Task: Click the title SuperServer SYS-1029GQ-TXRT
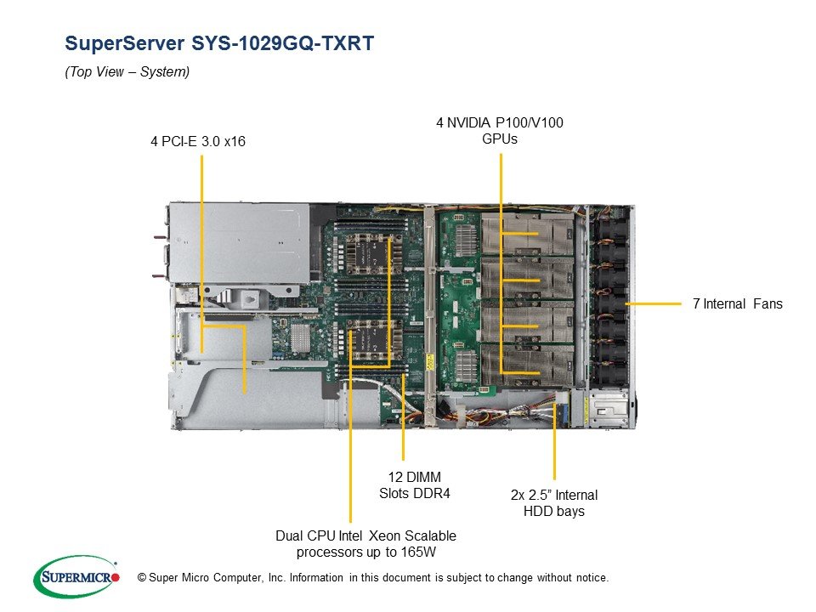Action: (x=219, y=42)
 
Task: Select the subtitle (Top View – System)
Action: (x=127, y=71)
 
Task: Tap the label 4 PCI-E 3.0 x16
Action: (x=198, y=141)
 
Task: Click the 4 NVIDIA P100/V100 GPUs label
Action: (x=500, y=131)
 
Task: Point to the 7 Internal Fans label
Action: (x=738, y=304)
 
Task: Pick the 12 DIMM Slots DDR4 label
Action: (x=414, y=485)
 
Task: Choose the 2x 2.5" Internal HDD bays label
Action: (x=554, y=502)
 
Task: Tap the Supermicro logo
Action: (x=76, y=577)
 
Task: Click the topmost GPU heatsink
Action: (x=527, y=235)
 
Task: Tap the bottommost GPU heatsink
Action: (x=527, y=365)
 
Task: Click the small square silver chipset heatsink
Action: (x=300, y=337)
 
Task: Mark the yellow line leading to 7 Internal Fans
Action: (x=653, y=303)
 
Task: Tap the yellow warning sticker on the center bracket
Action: (x=430, y=362)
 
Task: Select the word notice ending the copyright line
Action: (x=592, y=578)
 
